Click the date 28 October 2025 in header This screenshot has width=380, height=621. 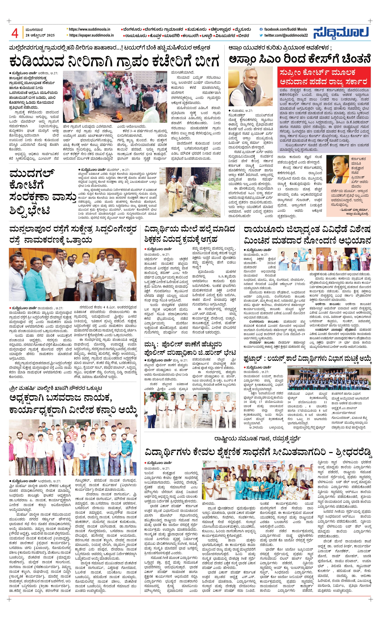pyautogui.click(x=40, y=35)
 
